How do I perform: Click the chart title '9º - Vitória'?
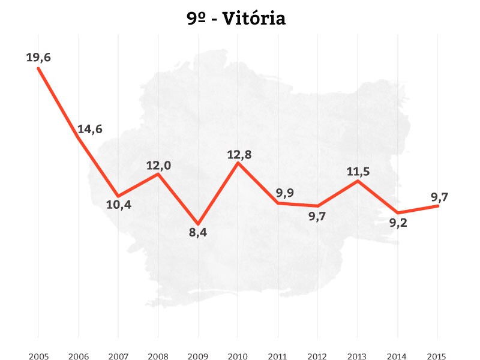pyautogui.click(x=236, y=19)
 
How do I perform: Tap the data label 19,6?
pyautogui.click(x=38, y=58)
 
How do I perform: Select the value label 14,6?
pyautogui.click(x=90, y=129)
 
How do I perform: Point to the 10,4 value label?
pyautogui.click(x=118, y=205)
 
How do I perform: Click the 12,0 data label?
pyautogui.click(x=158, y=165)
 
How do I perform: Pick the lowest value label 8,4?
pyautogui.click(x=198, y=233)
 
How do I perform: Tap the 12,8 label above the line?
pyautogui.click(x=239, y=154)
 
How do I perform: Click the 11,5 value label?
pyautogui.click(x=358, y=172)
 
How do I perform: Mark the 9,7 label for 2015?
pyautogui.click(x=440, y=196)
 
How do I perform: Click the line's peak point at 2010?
pyautogui.click(x=239, y=163)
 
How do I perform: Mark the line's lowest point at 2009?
pyautogui.click(x=198, y=223)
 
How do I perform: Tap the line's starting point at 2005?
pyautogui.click(x=38, y=68)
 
